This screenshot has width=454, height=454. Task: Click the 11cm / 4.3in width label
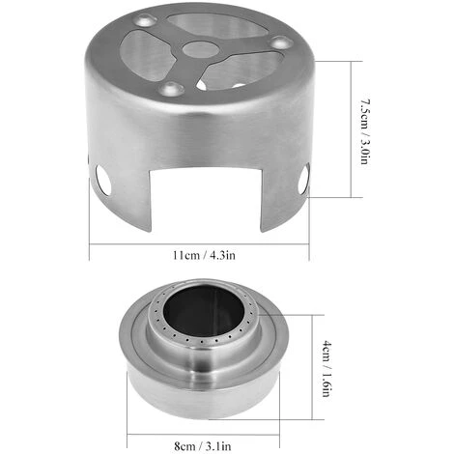click(204, 255)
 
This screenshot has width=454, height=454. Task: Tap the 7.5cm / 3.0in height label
click(365, 131)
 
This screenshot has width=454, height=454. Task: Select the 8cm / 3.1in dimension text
click(203, 446)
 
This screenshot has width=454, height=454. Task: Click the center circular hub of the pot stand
click(200, 50)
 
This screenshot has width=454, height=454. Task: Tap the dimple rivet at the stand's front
click(172, 88)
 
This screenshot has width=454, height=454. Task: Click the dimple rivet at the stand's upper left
click(145, 20)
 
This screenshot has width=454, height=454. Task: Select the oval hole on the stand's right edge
click(303, 179)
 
